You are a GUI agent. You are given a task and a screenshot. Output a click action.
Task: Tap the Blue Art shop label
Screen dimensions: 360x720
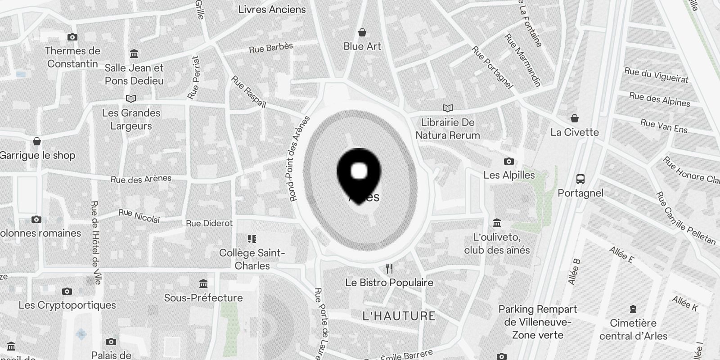(362, 46)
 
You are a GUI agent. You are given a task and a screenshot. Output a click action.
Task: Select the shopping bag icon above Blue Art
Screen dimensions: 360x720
(362, 32)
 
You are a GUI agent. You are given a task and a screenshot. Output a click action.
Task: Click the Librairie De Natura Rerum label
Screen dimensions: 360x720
(447, 129)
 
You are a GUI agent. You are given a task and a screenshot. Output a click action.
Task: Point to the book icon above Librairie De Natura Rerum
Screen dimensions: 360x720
(447, 108)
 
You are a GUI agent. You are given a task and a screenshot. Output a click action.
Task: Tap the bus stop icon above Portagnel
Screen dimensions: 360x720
(580, 179)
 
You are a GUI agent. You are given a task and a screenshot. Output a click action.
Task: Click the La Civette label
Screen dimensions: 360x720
(575, 132)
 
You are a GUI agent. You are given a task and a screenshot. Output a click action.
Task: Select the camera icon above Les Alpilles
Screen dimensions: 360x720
(509, 161)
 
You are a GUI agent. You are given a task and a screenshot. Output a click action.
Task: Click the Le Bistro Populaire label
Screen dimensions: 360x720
(389, 283)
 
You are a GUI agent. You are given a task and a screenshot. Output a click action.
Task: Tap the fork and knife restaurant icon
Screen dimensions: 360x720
(389, 269)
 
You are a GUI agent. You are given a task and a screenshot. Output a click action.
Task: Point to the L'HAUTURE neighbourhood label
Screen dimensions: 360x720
(399, 316)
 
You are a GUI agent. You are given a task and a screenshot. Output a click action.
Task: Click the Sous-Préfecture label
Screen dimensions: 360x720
(203, 298)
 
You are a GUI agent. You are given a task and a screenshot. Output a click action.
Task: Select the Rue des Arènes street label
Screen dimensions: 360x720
(141, 179)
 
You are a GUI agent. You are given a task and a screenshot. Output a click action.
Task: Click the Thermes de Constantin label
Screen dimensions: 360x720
(72, 57)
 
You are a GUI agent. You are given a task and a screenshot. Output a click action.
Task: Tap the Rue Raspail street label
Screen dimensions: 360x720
(248, 92)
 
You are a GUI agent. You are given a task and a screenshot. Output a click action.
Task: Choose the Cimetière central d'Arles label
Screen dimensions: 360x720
(633, 329)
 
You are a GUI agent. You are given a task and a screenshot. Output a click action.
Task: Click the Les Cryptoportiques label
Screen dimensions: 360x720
(67, 305)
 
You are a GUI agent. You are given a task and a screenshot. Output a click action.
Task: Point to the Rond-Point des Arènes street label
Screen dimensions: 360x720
(299, 158)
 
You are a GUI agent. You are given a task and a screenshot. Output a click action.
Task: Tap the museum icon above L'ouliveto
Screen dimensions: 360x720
(497, 223)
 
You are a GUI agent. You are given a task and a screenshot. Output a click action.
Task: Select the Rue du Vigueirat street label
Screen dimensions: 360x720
(656, 75)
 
